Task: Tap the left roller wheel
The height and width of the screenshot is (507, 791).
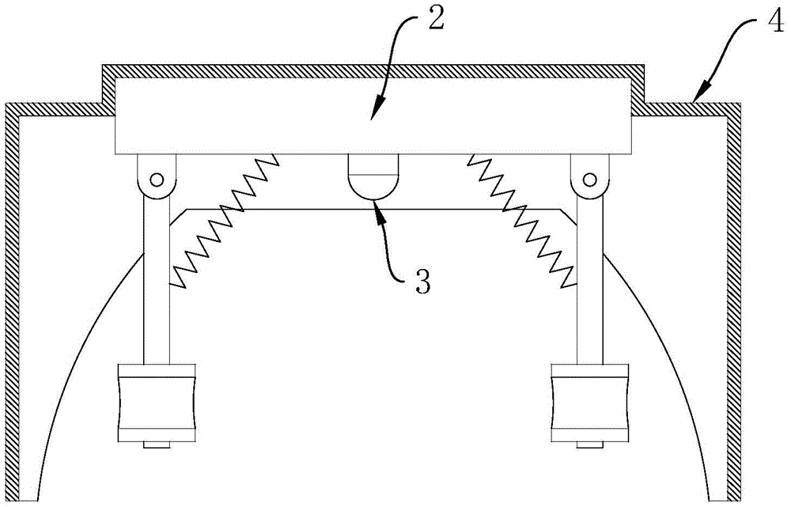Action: pos(156,403)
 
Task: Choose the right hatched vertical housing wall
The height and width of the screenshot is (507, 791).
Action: pos(735,301)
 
